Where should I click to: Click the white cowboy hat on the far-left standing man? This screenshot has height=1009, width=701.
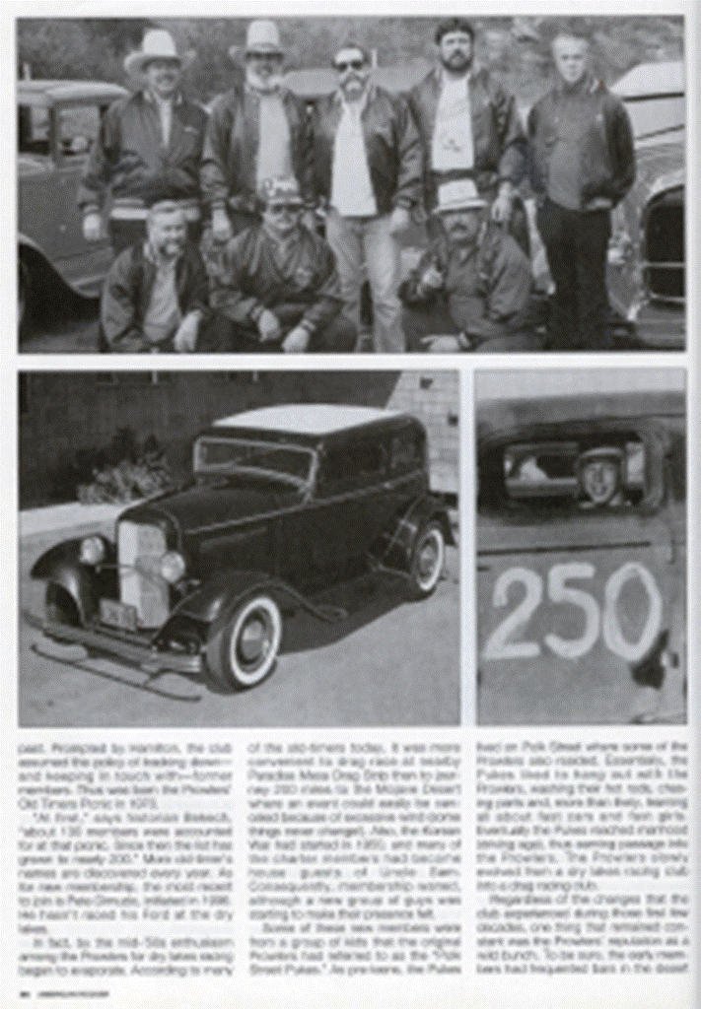pos(156,49)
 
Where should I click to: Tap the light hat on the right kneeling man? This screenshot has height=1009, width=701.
pos(459,194)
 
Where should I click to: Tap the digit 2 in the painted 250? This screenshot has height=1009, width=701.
pos(515,613)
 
